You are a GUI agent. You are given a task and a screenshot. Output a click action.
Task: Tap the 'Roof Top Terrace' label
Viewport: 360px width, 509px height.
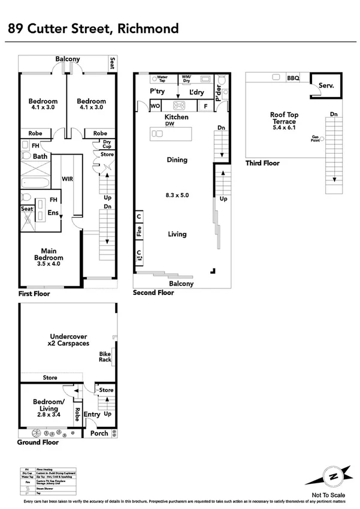pyautogui.click(x=284, y=118)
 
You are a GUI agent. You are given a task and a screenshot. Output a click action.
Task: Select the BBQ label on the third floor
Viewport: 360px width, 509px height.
pyautogui.click(x=293, y=78)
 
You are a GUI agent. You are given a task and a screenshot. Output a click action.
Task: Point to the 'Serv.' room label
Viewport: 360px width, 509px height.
pyautogui.click(x=326, y=86)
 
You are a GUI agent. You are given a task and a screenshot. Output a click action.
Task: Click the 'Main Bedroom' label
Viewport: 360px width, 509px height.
pyautogui.click(x=49, y=257)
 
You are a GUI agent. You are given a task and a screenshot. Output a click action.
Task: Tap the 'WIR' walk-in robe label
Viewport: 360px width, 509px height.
pyautogui.click(x=67, y=179)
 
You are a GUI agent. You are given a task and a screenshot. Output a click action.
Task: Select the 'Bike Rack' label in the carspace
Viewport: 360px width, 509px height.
pyautogui.click(x=105, y=357)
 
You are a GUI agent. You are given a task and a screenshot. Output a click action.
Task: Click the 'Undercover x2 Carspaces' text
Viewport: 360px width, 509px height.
pyautogui.click(x=68, y=340)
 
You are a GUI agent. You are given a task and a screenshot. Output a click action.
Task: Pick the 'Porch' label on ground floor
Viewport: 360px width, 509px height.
pyautogui.click(x=99, y=433)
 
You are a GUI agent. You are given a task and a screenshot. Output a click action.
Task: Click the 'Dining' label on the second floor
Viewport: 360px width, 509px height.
pyautogui.click(x=177, y=160)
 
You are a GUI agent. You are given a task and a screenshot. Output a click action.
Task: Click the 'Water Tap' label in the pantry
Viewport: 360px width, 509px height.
pyautogui.click(x=162, y=78)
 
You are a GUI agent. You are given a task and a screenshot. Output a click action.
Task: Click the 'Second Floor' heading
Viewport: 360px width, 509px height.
pyautogui.click(x=153, y=293)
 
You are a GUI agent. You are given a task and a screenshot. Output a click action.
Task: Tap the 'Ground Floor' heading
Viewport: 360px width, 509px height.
pyautogui.click(x=38, y=442)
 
